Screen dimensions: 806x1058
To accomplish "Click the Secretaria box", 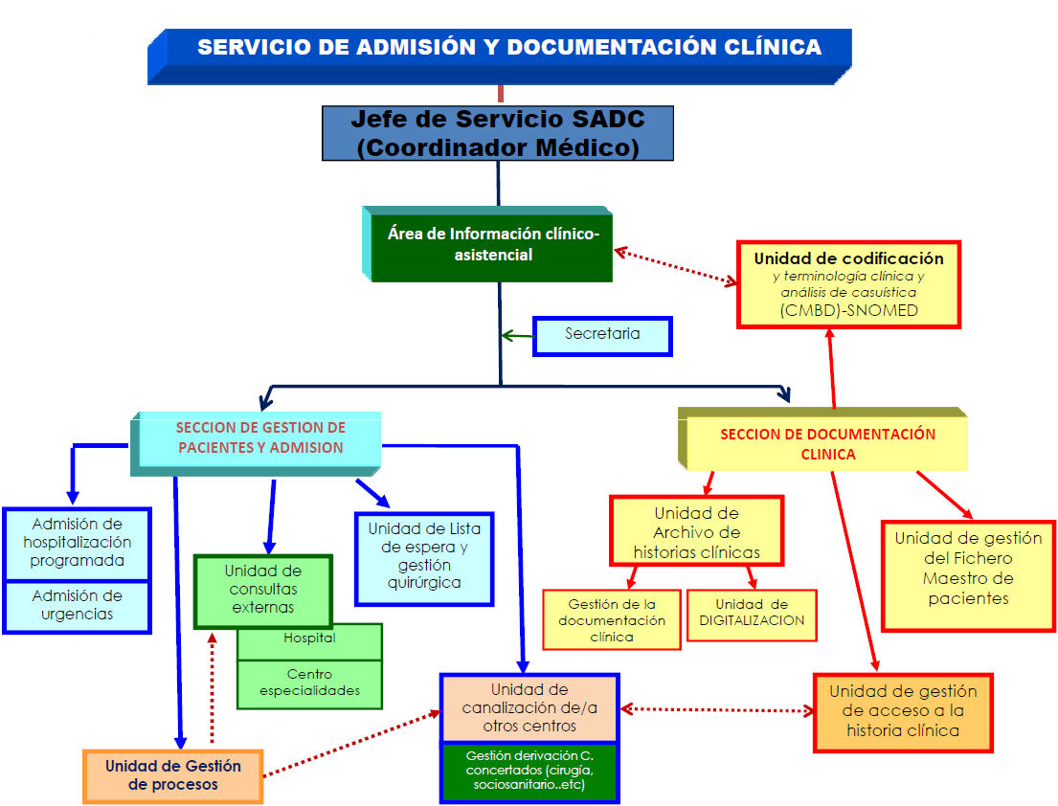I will point(602,335).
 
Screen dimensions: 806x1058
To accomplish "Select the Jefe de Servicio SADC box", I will point(497,132).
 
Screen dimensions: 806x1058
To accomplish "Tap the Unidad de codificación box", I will point(847,283).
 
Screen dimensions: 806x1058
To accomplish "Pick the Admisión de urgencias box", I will point(77,606).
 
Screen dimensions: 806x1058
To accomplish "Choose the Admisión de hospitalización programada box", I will point(77,543).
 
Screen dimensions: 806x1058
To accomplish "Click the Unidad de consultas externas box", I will point(262,591).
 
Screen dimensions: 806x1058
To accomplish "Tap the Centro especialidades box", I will point(309,683).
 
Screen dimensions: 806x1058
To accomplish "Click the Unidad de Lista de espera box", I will point(424,558).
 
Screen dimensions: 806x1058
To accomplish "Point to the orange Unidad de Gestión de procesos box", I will point(172,775).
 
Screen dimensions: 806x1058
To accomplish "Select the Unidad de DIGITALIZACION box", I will point(752,614).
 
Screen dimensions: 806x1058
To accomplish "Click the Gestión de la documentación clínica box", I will point(611,620).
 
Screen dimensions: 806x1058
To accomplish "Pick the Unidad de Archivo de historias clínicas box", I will point(696,531).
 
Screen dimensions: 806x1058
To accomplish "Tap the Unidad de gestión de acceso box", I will point(903,711).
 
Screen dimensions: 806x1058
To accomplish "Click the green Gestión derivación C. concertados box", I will point(529,772).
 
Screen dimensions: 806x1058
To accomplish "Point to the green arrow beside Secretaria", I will point(517,336).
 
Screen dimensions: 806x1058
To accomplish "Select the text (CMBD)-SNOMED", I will point(848,310).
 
